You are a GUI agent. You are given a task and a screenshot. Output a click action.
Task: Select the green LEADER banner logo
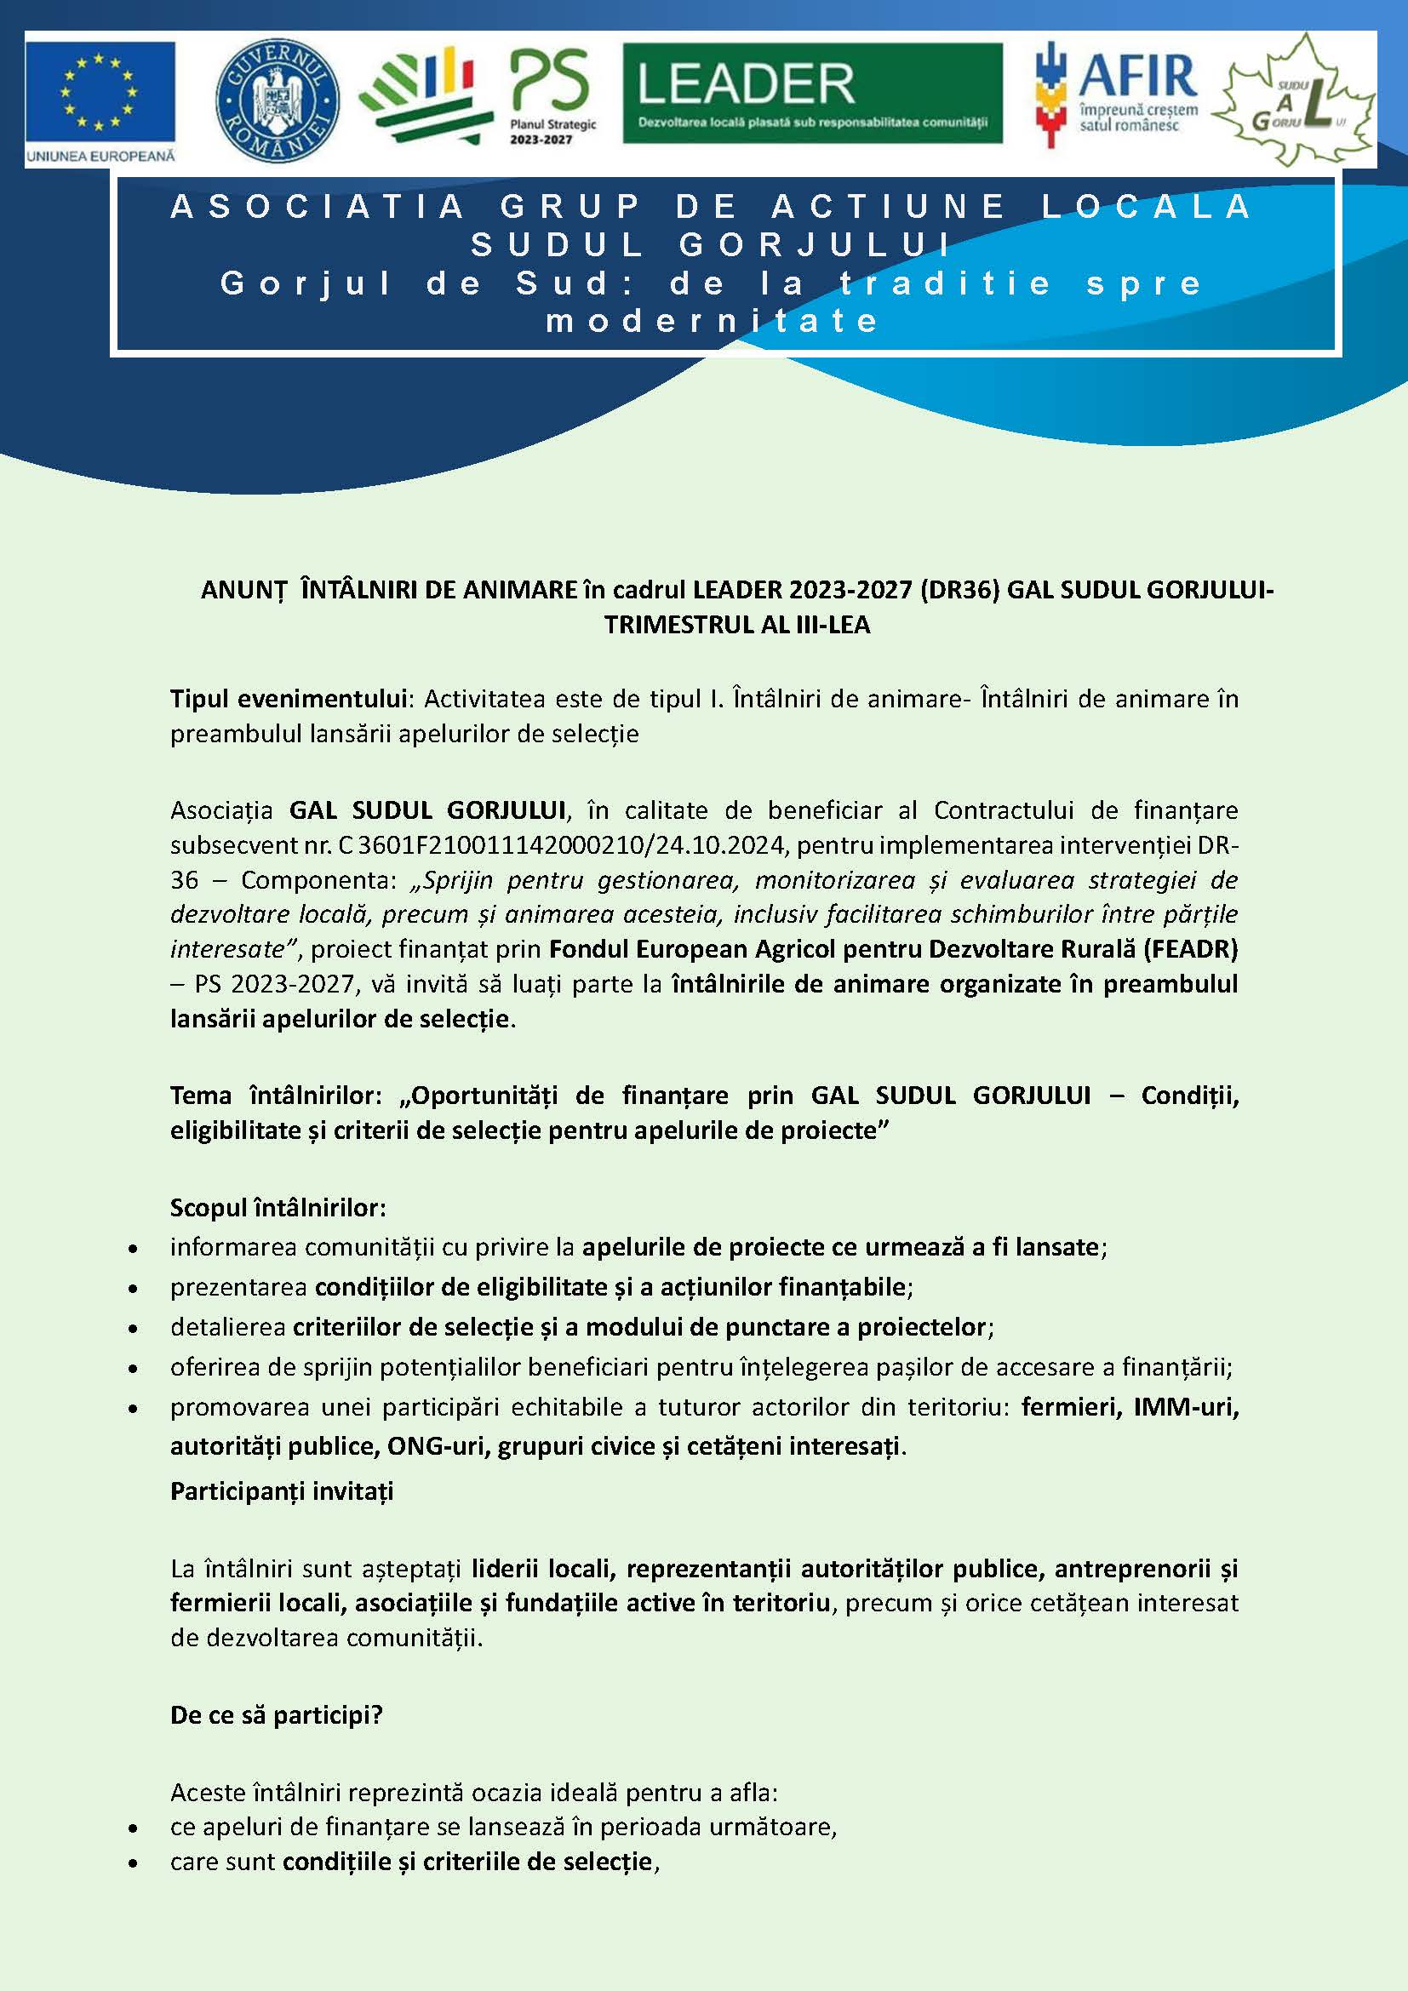(x=812, y=94)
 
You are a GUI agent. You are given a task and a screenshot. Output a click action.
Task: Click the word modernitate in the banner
(x=713, y=321)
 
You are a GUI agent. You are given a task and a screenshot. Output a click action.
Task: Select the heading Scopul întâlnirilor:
(x=278, y=1207)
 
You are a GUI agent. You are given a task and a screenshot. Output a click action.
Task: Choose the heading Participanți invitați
(x=282, y=1491)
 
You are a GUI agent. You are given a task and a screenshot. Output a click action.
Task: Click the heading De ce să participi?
(x=276, y=1714)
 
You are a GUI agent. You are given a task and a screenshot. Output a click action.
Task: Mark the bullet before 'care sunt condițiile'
(x=132, y=1863)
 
